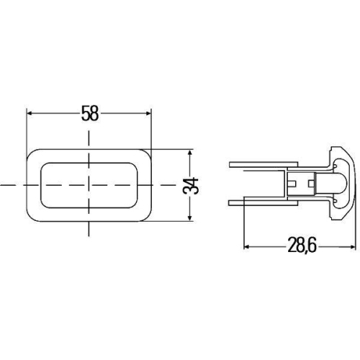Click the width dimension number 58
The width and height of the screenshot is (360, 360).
pos(89,114)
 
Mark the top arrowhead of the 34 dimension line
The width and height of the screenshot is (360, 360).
pos(191,153)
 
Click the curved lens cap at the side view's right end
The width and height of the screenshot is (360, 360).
pos(348,184)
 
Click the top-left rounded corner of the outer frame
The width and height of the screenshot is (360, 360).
pos(32,154)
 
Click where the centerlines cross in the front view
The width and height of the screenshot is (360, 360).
pos(89,185)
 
